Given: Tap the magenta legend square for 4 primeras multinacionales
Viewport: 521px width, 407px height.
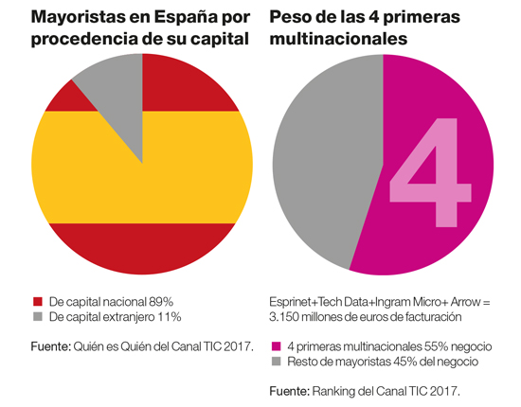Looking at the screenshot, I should click(276, 346).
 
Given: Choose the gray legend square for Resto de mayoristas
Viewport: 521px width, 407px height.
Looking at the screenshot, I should click(276, 362).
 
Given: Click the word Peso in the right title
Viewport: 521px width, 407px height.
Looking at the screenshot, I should click(293, 19).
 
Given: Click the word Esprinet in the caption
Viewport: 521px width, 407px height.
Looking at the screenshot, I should click(292, 301).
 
